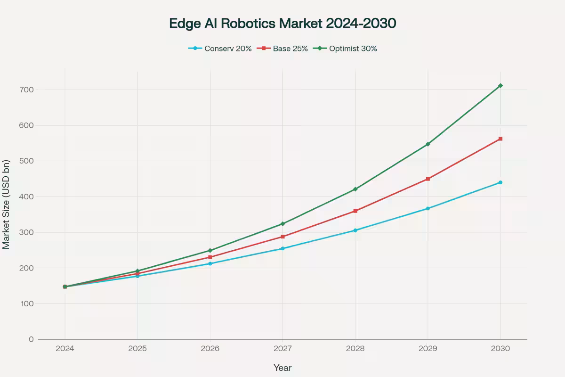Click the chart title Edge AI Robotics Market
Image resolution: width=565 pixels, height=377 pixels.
pyautogui.click(x=282, y=24)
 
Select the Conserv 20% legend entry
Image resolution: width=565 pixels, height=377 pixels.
pyautogui.click(x=220, y=48)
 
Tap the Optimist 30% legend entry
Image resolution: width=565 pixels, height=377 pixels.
pyautogui.click(x=347, y=48)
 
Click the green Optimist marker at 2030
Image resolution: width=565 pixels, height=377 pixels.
pyautogui.click(x=500, y=85)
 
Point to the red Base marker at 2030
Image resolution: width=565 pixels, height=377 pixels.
pyautogui.click(x=500, y=139)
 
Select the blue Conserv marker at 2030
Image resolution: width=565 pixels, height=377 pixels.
pyautogui.click(x=500, y=182)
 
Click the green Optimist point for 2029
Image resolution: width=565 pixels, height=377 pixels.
pyautogui.click(x=428, y=144)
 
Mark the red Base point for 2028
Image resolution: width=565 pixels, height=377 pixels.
pyautogui.click(x=355, y=211)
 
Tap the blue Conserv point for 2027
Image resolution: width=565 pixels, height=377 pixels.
pyautogui.click(x=282, y=248)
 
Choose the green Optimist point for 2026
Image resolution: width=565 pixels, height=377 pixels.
pyautogui.click(x=210, y=250)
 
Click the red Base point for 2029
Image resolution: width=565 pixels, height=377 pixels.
pyautogui.click(x=428, y=179)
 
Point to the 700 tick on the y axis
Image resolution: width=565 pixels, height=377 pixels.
pyautogui.click(x=27, y=90)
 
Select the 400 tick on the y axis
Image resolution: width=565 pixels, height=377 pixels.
pyautogui.click(x=27, y=197)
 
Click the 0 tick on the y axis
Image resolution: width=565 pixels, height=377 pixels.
pyautogui.click(x=31, y=339)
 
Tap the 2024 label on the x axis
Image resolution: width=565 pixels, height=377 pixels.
pyautogui.click(x=65, y=349)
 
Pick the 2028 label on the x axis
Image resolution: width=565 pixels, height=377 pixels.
pyautogui.click(x=355, y=349)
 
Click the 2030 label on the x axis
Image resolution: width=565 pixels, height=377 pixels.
pyautogui.click(x=500, y=349)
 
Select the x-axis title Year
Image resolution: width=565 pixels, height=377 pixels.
pyautogui.click(x=282, y=368)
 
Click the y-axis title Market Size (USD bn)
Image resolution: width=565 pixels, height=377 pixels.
pyautogui.click(x=6, y=204)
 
